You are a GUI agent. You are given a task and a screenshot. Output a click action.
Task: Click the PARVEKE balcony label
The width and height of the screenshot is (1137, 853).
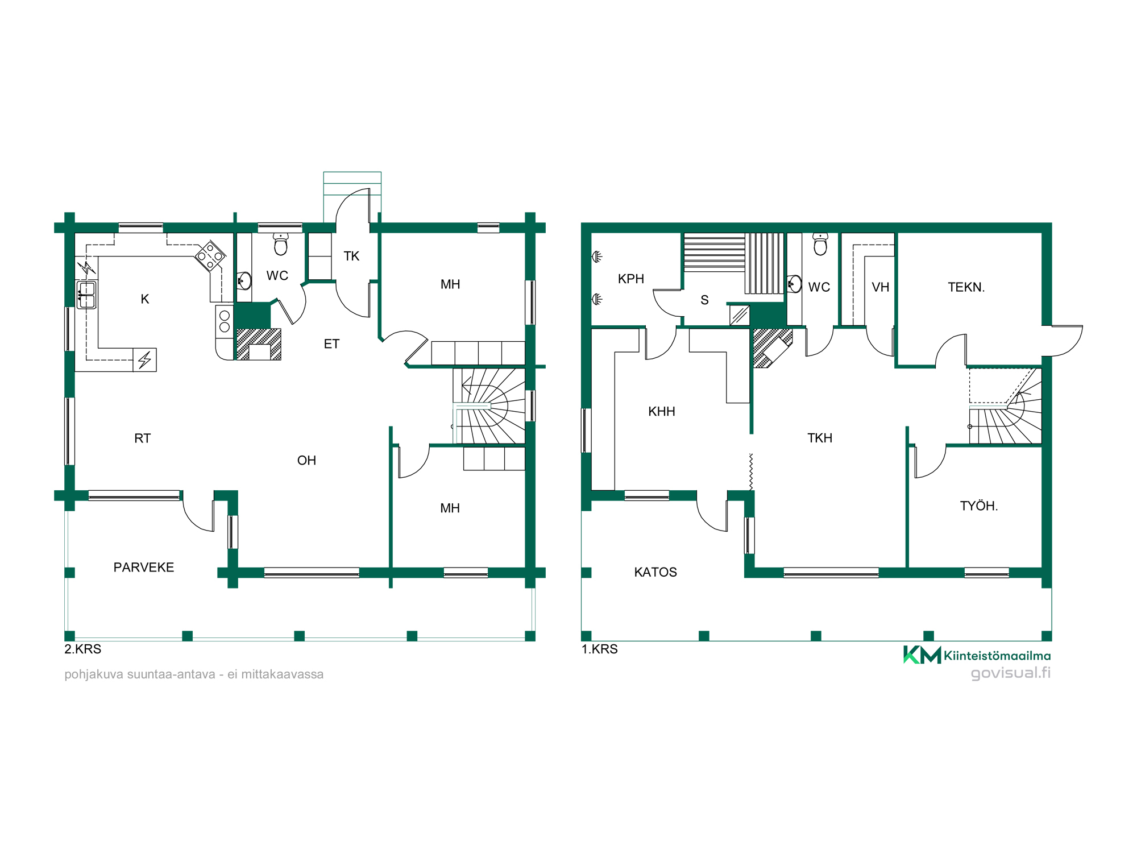(144, 567)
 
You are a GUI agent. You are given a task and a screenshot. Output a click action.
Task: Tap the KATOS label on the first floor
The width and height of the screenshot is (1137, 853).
(655, 572)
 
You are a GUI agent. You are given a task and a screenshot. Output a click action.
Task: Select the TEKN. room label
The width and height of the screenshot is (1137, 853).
(966, 287)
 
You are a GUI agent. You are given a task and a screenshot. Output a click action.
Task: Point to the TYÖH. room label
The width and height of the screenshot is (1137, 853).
(979, 506)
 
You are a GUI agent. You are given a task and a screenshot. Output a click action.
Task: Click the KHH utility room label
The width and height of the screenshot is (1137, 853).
(662, 411)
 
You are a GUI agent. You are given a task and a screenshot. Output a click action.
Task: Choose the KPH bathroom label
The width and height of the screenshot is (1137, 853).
(631, 279)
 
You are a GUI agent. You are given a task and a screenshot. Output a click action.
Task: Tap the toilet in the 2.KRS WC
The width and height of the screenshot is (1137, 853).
(281, 243)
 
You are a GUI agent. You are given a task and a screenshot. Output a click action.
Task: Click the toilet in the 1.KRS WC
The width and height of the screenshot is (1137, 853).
(820, 243)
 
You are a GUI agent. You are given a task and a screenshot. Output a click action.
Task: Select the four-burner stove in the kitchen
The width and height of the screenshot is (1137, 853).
(210, 255)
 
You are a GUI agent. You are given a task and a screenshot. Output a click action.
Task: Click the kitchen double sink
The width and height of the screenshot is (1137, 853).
(86, 295)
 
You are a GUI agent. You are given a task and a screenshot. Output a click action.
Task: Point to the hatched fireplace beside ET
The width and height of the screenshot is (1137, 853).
(259, 344)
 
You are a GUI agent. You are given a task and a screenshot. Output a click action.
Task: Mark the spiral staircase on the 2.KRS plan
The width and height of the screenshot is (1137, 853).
(489, 406)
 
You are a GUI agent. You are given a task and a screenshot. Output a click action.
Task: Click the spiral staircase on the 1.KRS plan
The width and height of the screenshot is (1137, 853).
(1005, 405)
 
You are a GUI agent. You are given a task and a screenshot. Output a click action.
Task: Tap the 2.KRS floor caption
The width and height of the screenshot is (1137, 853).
(83, 649)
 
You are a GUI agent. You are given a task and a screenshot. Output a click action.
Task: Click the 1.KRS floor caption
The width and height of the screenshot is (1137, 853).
(600, 649)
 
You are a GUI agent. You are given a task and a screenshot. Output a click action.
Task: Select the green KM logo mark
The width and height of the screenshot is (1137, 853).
(922, 655)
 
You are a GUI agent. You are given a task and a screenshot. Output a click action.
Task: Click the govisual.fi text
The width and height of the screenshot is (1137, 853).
(1011, 673)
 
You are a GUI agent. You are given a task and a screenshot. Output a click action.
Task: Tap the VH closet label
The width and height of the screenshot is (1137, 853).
(881, 287)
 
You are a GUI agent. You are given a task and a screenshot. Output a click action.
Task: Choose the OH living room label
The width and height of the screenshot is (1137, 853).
(306, 460)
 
